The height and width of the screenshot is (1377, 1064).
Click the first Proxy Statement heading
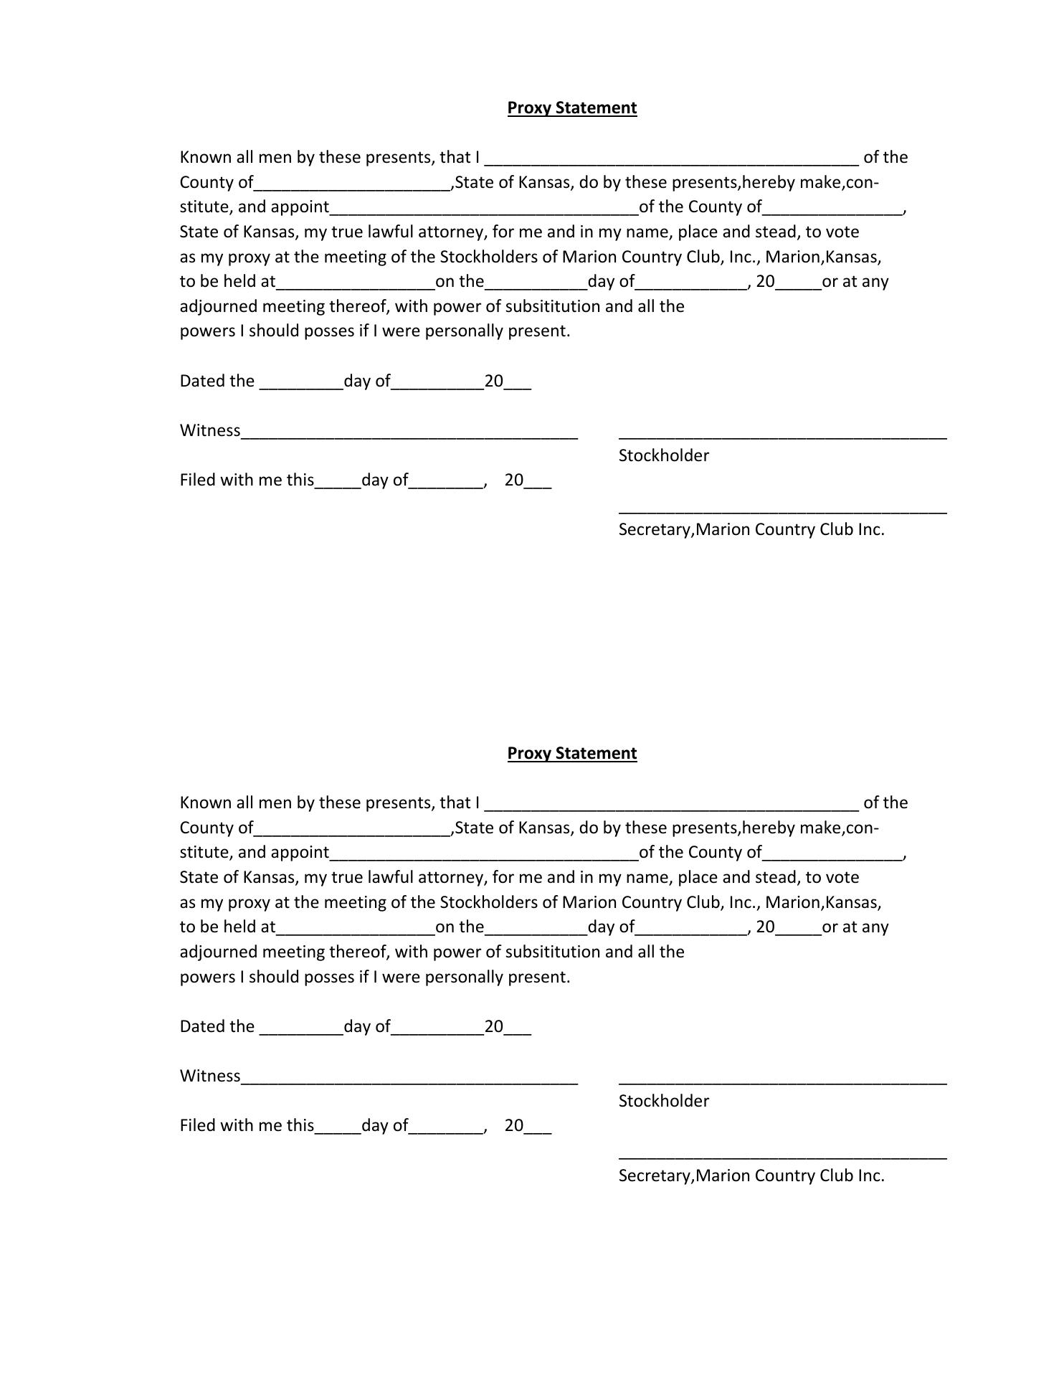(571, 108)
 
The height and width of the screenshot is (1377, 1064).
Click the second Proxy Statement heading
(571, 753)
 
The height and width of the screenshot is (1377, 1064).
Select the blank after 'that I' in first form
(671, 159)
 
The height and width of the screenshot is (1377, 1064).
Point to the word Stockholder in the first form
(663, 455)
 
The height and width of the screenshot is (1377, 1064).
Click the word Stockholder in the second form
(663, 1101)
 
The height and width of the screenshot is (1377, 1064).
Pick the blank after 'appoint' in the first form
(484, 209)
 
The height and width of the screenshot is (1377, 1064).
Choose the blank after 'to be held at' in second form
(355, 929)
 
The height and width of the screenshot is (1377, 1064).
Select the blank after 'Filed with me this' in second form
(338, 1128)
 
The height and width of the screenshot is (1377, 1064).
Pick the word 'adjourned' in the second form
(218, 952)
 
